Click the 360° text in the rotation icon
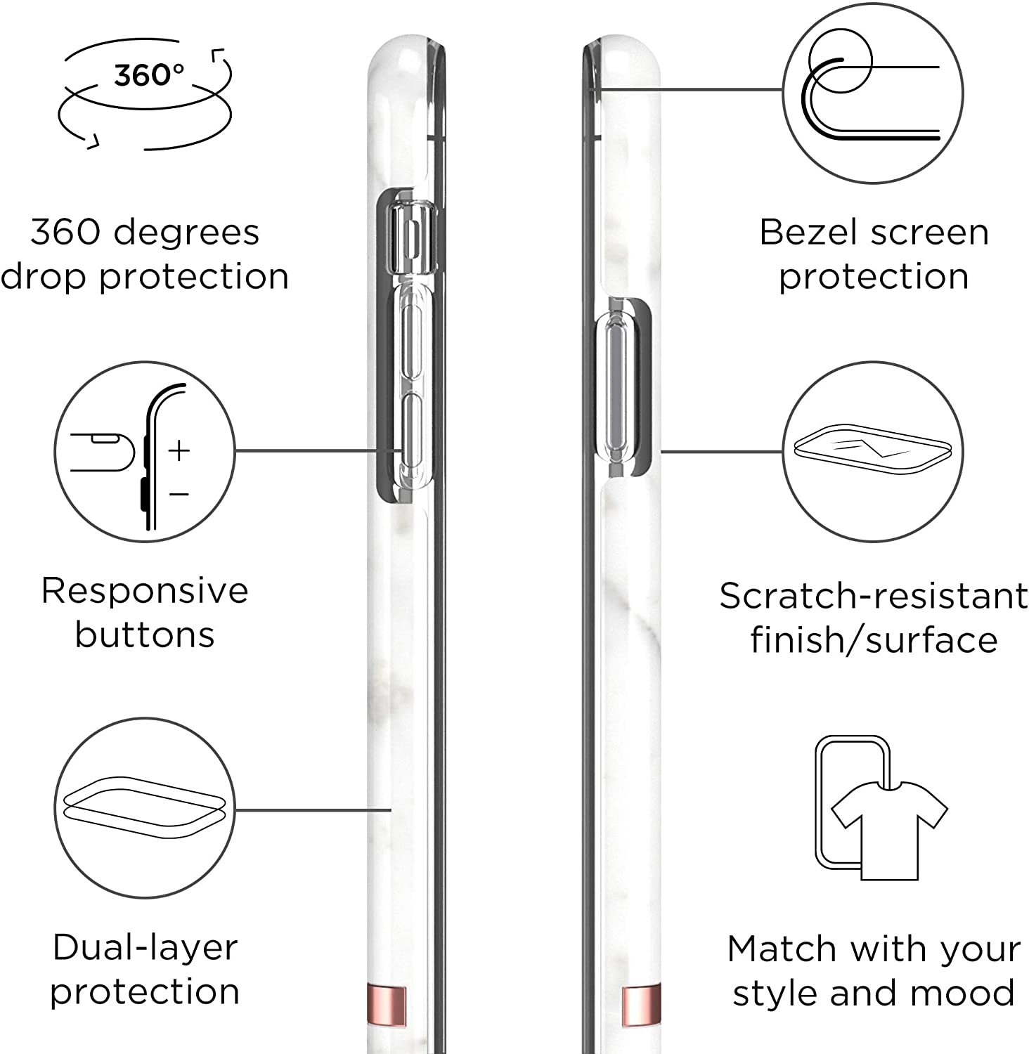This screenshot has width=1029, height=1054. [148, 75]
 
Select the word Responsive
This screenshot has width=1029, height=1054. [145, 591]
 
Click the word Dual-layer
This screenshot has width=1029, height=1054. [145, 947]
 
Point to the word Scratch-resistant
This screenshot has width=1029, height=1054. [874, 596]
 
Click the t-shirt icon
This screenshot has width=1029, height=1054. [890, 829]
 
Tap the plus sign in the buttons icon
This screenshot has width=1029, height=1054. [179, 450]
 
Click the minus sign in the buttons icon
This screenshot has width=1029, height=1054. [179, 494]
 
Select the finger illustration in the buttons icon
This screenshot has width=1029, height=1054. [103, 452]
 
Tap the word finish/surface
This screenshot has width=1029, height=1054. [874, 640]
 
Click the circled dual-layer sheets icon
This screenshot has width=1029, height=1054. [145, 808]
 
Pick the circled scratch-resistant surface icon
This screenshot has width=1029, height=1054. [873, 451]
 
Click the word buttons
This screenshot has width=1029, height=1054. [145, 635]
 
